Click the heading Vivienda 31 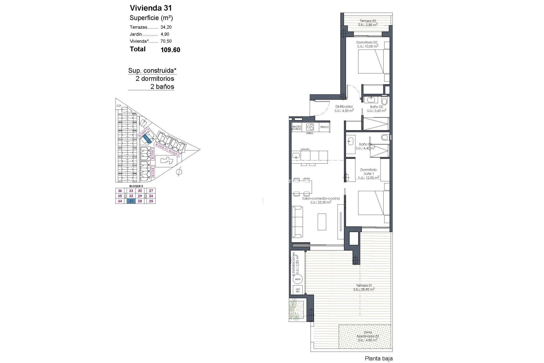pos(151,8)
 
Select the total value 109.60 pos(170,50)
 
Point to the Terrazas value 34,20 pos(166,27)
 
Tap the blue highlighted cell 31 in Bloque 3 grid pos(131,201)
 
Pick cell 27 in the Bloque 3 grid pos(151,191)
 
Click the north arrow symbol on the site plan pos(179,172)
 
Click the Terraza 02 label pos(368,21)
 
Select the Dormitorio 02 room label pos(367,43)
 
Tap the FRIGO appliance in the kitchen pos(324,127)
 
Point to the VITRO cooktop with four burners pos(310,127)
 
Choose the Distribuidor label pos(344,107)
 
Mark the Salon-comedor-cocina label pos(321,199)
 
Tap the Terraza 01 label pos(364,286)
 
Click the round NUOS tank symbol pos(297,279)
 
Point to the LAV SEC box pos(297,290)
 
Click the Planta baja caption pos(379,359)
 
